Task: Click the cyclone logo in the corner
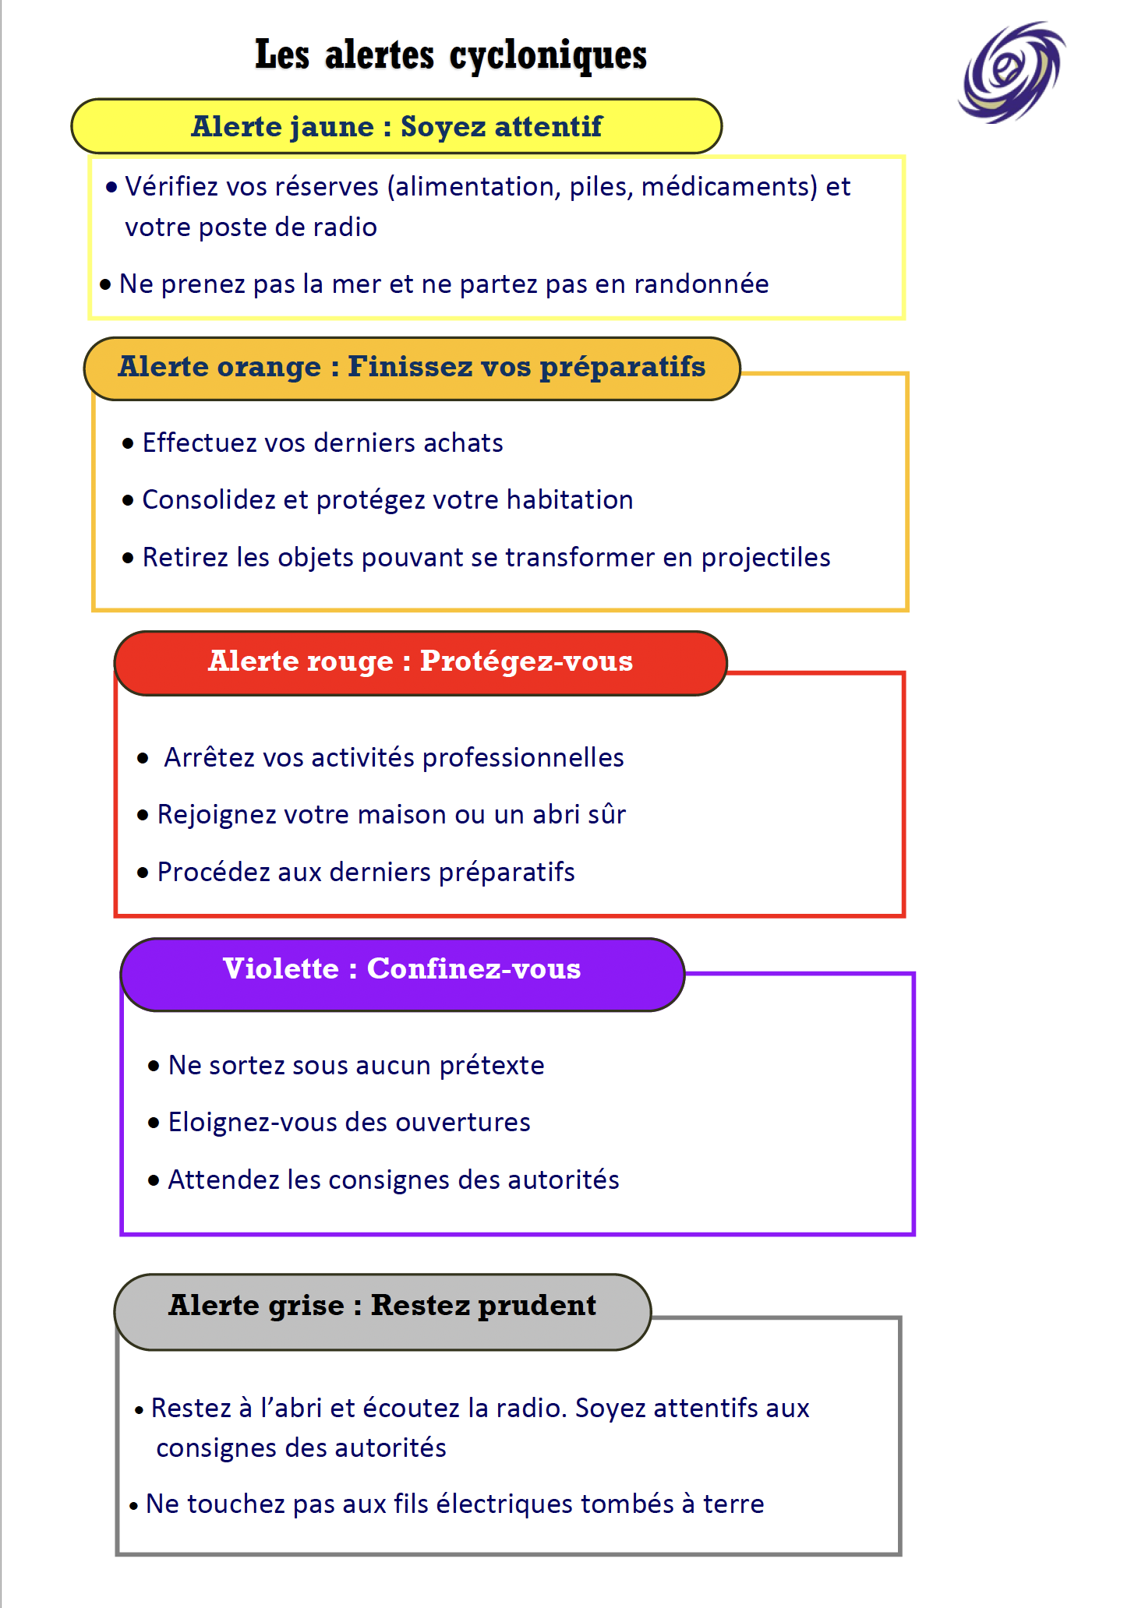point(1012,72)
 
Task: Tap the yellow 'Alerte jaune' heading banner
point(396,126)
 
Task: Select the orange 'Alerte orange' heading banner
point(412,368)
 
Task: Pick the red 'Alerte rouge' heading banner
point(420,662)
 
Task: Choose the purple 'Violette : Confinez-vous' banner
point(402,973)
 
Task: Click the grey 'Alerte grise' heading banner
point(382,1310)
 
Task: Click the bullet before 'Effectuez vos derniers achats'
point(129,444)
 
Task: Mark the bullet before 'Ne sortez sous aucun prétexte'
point(154,1066)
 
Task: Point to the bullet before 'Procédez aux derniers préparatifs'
point(143,873)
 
